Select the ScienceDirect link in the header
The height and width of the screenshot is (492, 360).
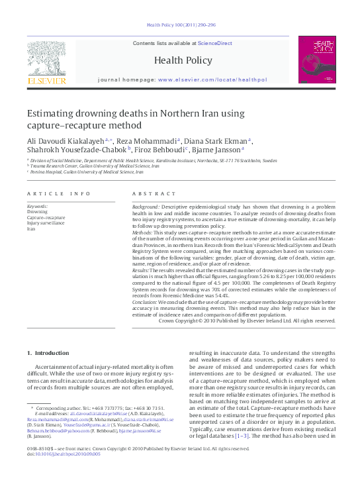215,43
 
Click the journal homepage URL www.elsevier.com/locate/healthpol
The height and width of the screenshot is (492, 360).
212,79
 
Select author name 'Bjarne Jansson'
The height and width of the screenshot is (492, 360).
219,150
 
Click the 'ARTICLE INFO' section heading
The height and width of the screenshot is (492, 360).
60,193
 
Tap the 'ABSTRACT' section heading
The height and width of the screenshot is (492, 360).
150,193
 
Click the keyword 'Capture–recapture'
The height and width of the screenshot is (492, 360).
46,217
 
